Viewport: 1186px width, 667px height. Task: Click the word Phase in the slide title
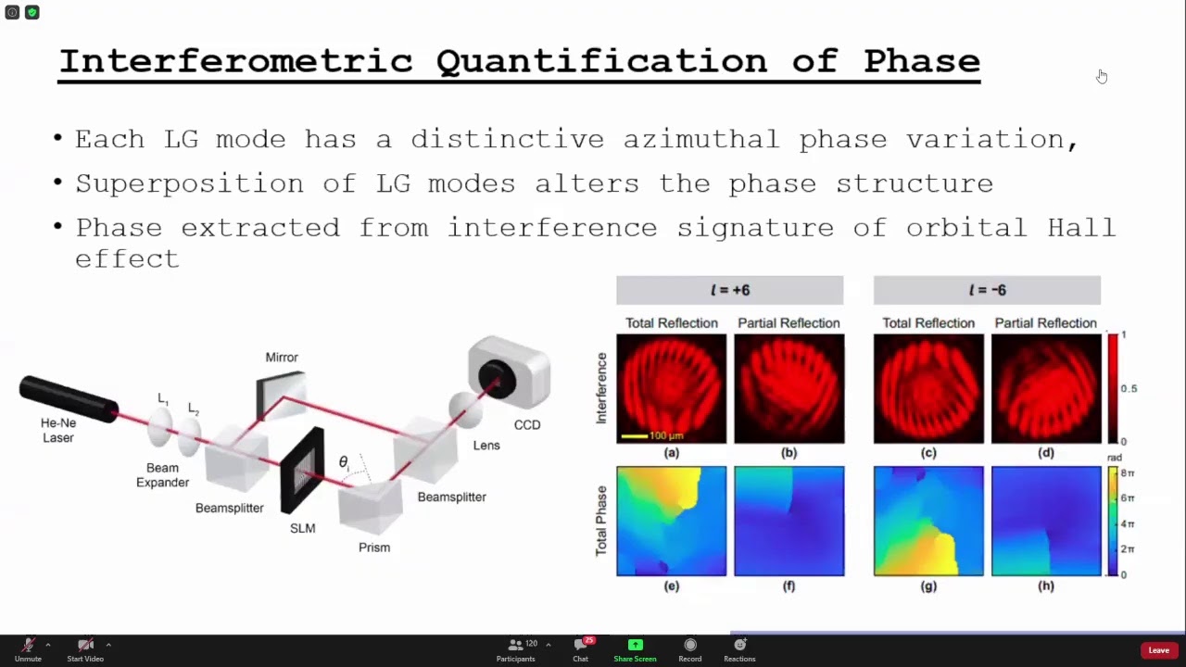[922, 61]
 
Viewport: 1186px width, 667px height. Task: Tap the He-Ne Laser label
[58, 431]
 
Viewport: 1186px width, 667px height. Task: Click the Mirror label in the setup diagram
[282, 358]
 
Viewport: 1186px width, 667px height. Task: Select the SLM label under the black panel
[303, 528]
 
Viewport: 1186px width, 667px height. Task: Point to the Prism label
[374, 547]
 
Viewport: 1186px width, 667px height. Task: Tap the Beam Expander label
[162, 475]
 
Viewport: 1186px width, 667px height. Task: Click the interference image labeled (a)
[672, 388]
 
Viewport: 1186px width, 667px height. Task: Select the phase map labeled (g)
[928, 521]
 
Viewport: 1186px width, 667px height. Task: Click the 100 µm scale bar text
[666, 435]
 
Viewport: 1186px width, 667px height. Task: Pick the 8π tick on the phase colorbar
[1128, 473]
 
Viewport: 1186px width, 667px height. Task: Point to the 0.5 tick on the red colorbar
[1129, 388]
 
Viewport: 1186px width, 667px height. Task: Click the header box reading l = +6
[729, 290]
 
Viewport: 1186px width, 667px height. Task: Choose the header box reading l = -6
[987, 290]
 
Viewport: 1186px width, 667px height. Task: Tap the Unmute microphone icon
[28, 645]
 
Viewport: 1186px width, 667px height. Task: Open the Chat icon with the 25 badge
[581, 644]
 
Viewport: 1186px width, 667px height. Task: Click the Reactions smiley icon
[739, 644]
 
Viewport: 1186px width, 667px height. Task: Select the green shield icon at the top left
[32, 12]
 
